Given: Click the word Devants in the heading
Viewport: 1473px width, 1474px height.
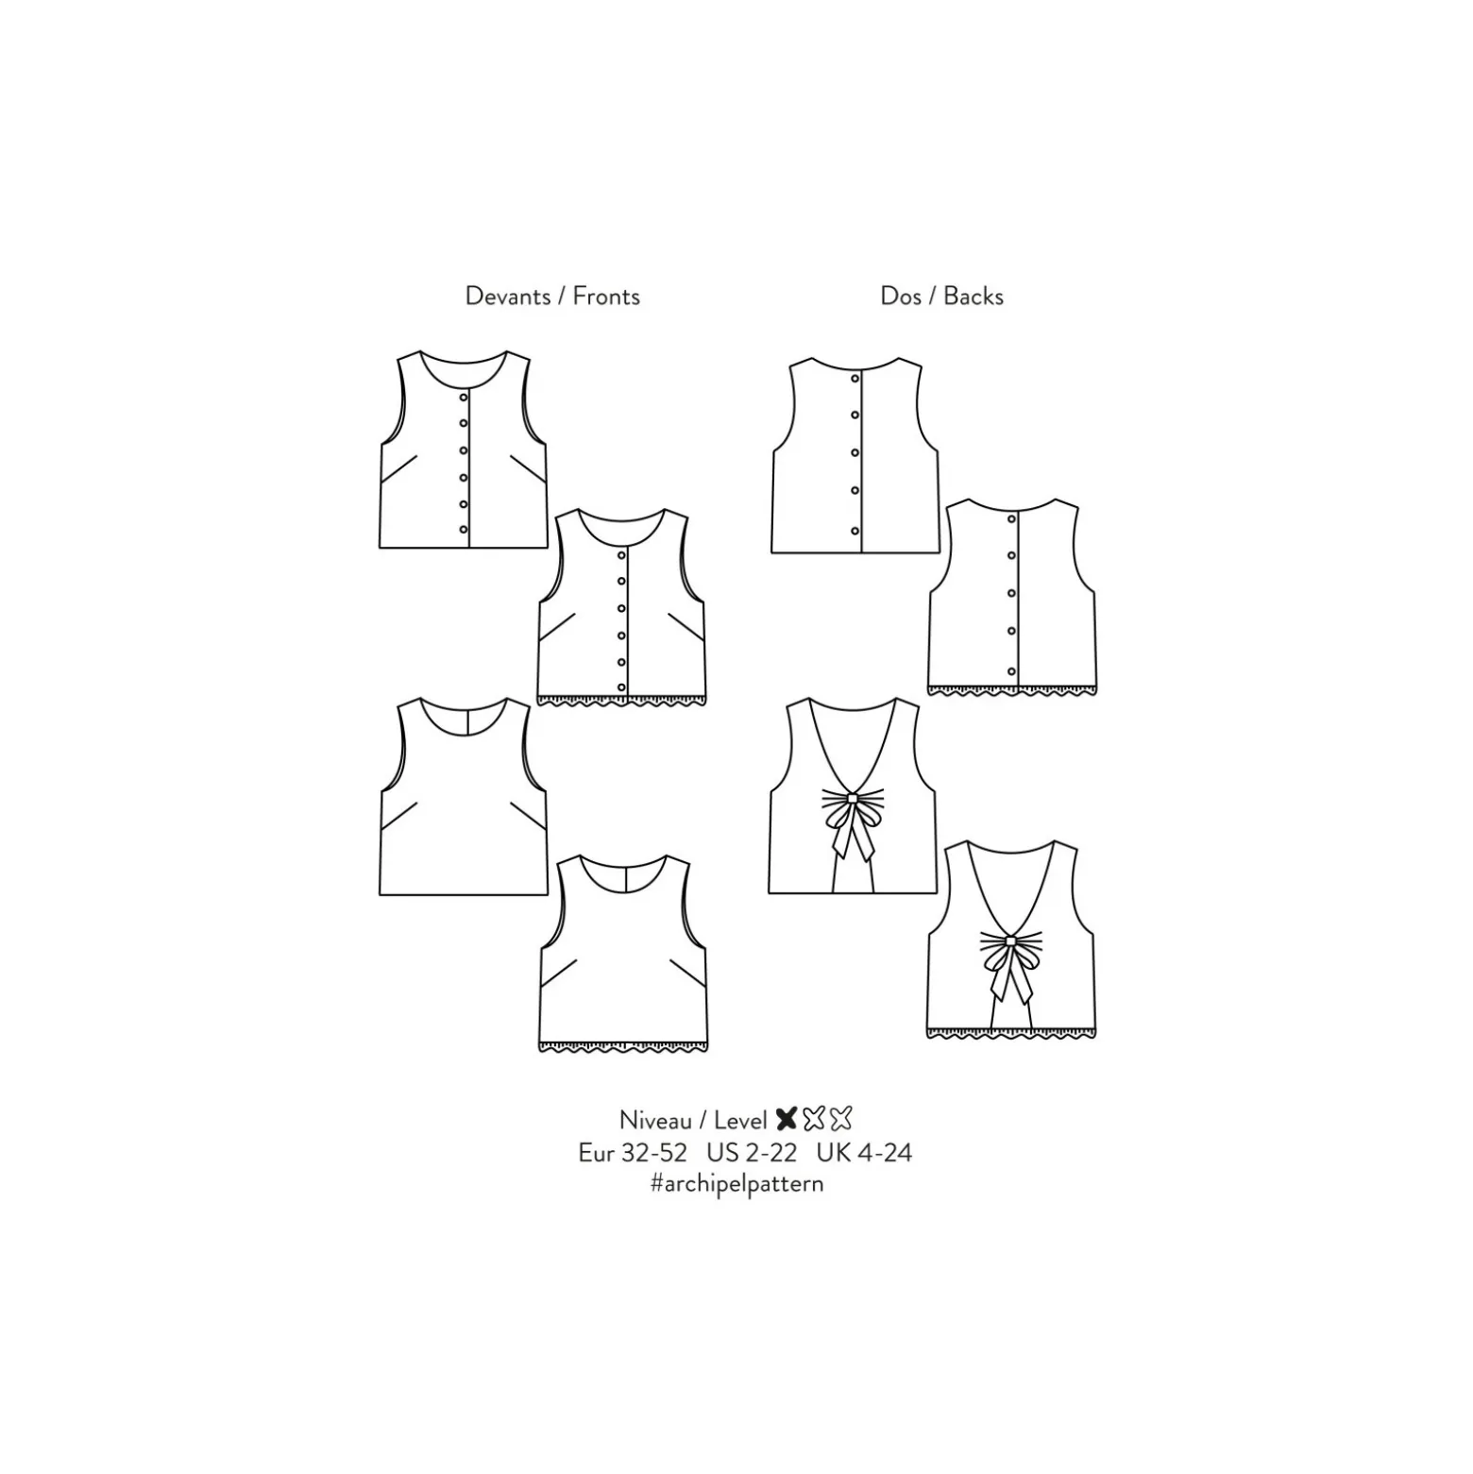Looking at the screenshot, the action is click(x=507, y=296).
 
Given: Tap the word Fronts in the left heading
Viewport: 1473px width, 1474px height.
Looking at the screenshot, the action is click(x=606, y=296).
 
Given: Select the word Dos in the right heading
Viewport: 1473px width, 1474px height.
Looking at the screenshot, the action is click(x=901, y=296).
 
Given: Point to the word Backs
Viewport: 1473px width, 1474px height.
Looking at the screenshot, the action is click(x=974, y=296).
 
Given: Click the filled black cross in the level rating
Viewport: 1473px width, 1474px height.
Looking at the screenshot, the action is click(x=787, y=1119).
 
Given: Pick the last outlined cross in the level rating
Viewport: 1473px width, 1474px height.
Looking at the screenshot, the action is click(x=840, y=1119).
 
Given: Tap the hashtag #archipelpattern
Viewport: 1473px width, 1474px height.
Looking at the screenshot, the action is click(x=736, y=1184).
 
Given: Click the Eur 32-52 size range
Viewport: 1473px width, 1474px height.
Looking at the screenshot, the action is click(x=633, y=1153).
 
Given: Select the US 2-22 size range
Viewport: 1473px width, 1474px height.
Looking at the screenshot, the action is click(x=752, y=1153).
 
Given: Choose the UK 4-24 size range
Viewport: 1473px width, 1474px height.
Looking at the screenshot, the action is click(x=864, y=1153).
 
